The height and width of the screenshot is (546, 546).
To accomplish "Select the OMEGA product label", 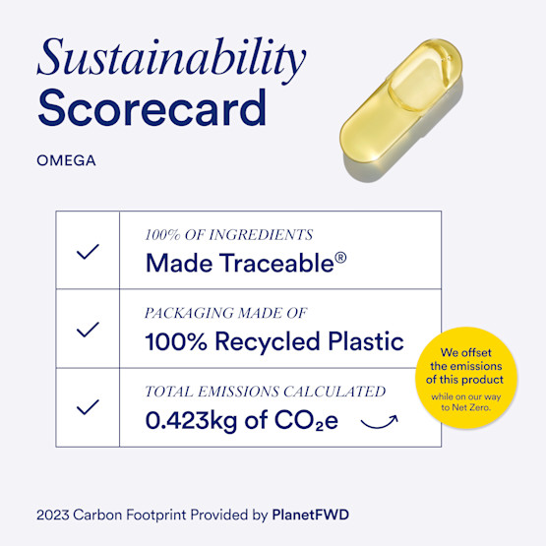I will click(66, 160).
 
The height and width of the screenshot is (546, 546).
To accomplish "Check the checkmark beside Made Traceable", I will click(88, 251).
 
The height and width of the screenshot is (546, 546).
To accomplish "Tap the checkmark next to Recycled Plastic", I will click(88, 330).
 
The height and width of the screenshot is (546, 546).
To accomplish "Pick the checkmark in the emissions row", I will click(88, 406).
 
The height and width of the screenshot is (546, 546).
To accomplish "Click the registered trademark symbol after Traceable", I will click(340, 259).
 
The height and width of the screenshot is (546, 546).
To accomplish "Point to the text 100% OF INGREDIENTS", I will click(228, 235).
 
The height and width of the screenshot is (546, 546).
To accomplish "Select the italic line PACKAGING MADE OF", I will click(226, 313).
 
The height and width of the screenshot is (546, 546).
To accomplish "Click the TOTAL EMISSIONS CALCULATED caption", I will click(265, 392).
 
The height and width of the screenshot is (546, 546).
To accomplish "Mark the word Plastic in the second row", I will click(367, 342).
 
